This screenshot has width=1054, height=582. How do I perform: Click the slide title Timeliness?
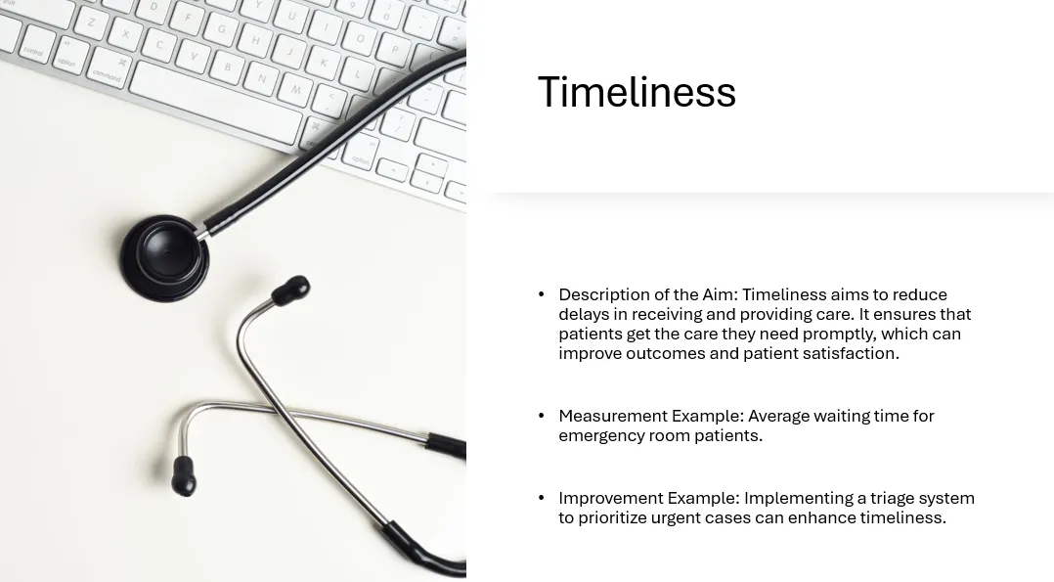(x=637, y=92)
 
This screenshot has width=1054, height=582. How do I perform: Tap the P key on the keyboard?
(x=395, y=49)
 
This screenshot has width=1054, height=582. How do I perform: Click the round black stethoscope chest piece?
(x=165, y=257)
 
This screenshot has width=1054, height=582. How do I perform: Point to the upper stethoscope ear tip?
(x=291, y=290)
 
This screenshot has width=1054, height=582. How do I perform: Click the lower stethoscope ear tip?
(x=183, y=475)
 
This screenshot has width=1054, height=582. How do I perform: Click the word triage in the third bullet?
(x=892, y=499)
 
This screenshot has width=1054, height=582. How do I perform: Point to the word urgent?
(x=675, y=518)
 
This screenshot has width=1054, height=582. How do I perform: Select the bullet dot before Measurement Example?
(x=541, y=416)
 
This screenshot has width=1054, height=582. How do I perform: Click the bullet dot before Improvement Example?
(x=541, y=498)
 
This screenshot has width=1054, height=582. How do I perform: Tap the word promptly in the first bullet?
(x=839, y=335)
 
